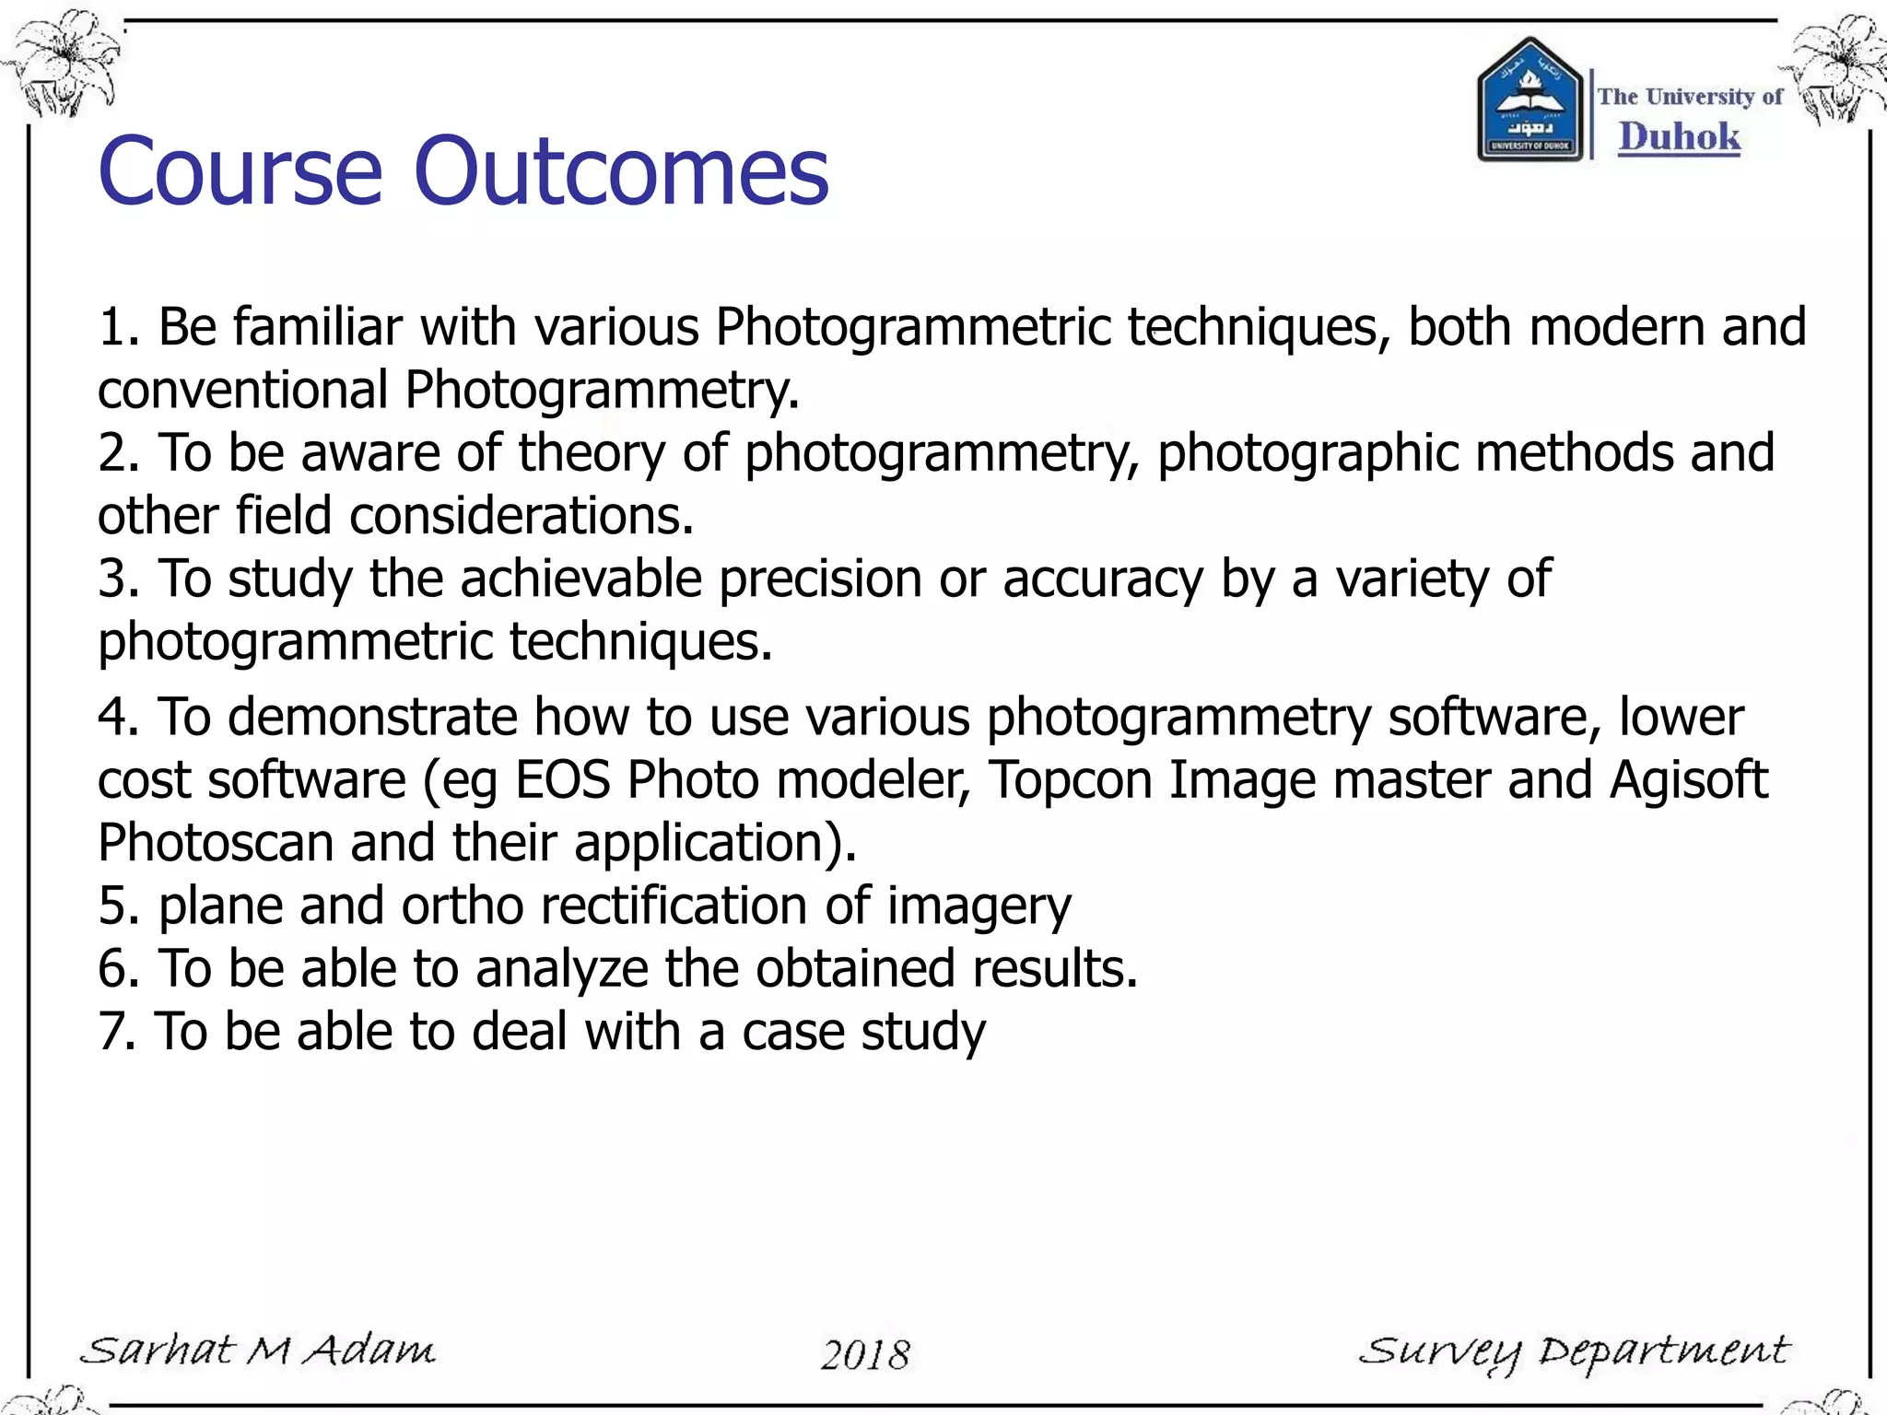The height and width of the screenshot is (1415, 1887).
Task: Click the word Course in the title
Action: click(x=240, y=172)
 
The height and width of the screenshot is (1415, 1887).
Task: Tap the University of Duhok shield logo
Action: click(x=1530, y=101)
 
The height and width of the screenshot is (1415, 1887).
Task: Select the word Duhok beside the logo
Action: click(x=1679, y=137)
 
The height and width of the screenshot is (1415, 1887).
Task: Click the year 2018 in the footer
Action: click(x=865, y=1354)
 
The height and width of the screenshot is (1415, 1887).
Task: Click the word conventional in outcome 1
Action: click(x=242, y=390)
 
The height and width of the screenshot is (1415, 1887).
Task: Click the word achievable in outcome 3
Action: click(x=580, y=579)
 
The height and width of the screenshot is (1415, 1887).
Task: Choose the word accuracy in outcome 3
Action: click(x=1103, y=580)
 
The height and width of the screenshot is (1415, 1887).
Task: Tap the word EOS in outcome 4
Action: click(x=562, y=780)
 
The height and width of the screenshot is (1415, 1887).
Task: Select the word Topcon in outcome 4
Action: click(x=1069, y=781)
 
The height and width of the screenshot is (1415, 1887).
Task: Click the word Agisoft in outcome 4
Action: click(x=1688, y=781)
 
